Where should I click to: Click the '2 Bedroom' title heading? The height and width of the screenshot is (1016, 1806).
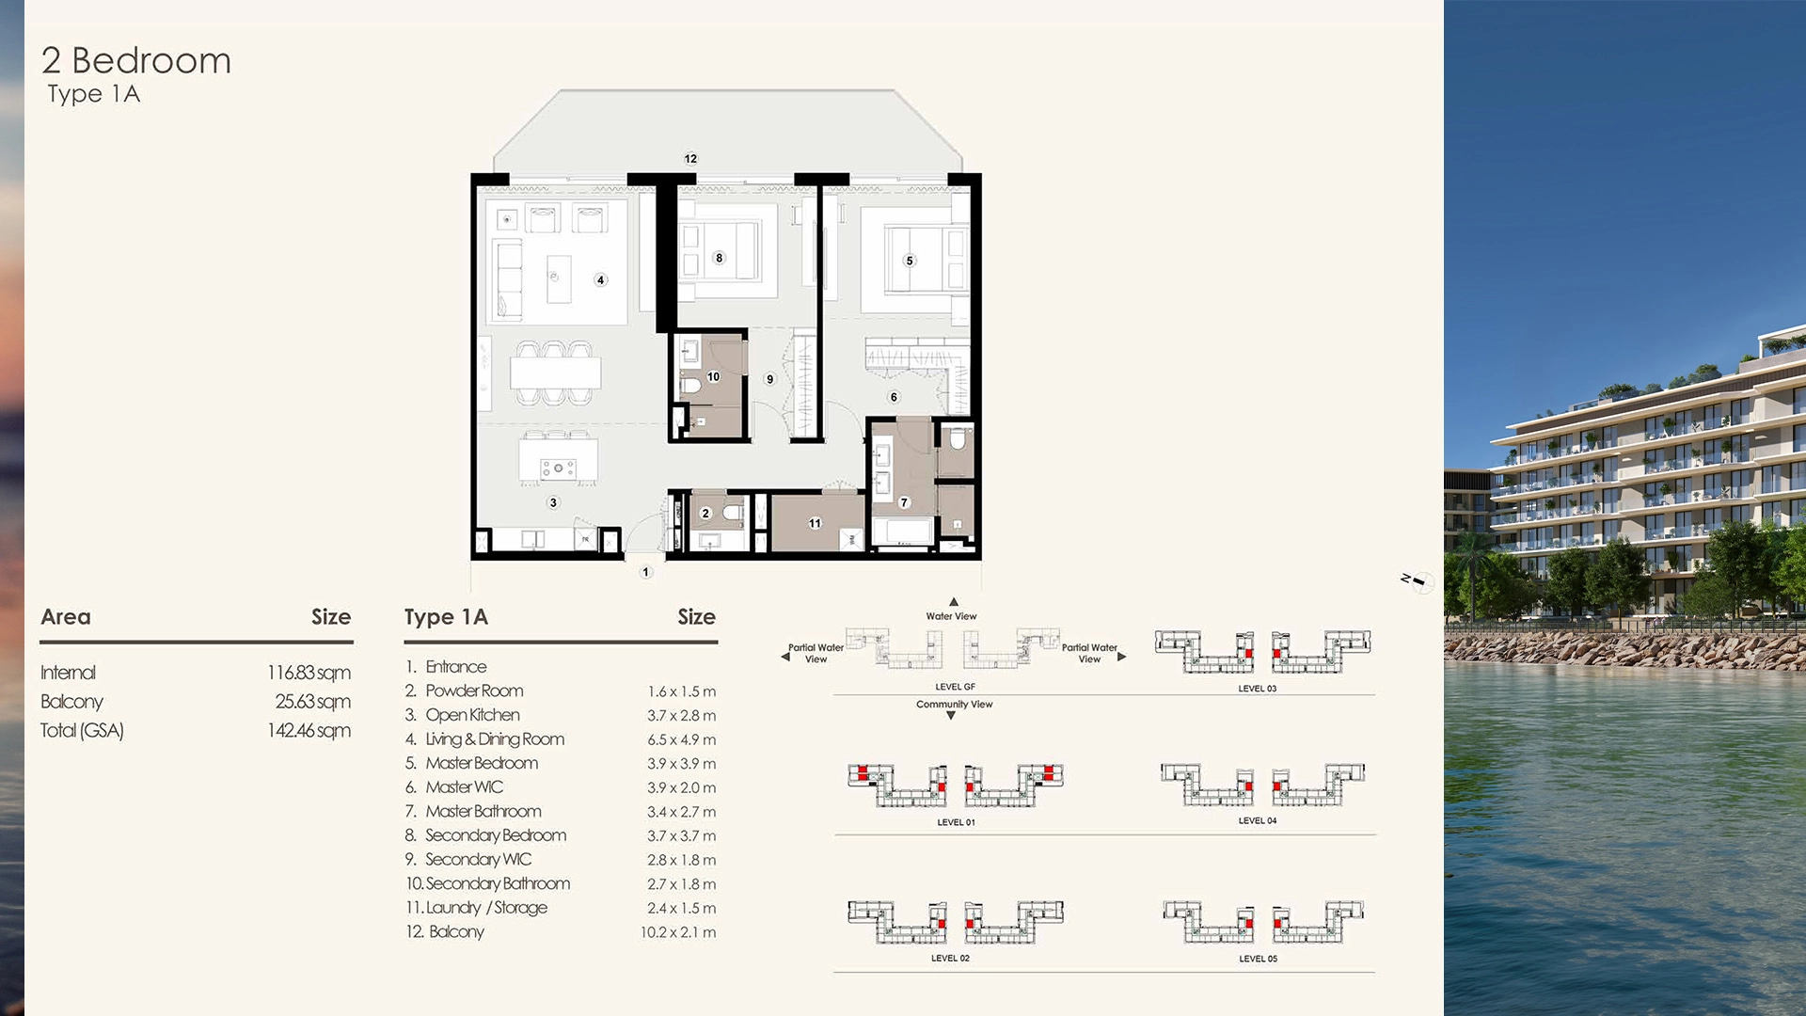pyautogui.click(x=136, y=61)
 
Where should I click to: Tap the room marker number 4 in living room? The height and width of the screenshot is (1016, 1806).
pyautogui.click(x=600, y=279)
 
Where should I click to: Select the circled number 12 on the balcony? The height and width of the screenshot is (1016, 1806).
pyautogui.click(x=690, y=159)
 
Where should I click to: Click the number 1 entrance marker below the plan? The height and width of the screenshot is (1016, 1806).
pyautogui.click(x=645, y=572)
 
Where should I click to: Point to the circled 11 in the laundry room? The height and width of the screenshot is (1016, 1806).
pyautogui.click(x=815, y=523)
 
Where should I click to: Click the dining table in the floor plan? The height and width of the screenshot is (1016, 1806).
pyautogui.click(x=555, y=373)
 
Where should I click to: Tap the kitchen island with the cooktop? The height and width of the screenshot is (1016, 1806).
pyautogui.click(x=558, y=462)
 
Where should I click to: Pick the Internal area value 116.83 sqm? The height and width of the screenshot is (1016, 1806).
pyautogui.click(x=309, y=673)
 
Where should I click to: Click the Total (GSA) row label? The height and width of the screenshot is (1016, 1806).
pyautogui.click(x=82, y=731)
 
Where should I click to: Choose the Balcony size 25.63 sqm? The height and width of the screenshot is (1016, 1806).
pyautogui.click(x=312, y=702)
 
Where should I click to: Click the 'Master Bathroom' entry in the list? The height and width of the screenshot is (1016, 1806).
pyautogui.click(x=483, y=812)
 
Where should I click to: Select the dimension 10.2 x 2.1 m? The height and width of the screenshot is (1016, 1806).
pyautogui.click(x=677, y=932)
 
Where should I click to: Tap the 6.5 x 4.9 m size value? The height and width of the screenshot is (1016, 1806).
pyautogui.click(x=681, y=740)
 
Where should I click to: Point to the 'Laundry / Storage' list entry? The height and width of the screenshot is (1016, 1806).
pyautogui.click(x=485, y=908)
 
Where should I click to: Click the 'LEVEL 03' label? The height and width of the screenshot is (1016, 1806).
pyautogui.click(x=1257, y=689)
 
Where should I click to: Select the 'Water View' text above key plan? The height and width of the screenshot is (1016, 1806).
pyautogui.click(x=951, y=616)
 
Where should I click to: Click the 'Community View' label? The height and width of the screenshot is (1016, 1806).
pyautogui.click(x=954, y=705)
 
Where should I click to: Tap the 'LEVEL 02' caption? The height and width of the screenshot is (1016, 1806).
pyautogui.click(x=950, y=959)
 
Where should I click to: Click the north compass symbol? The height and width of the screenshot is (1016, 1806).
pyautogui.click(x=1416, y=581)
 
